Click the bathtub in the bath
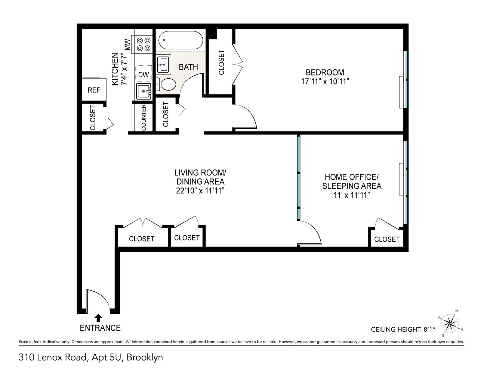coord(181,40)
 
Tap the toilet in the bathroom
coord(166,84)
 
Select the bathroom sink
coord(163,65)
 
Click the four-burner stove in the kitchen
coord(144,44)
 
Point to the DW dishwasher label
coord(144,75)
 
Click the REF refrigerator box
coord(94,90)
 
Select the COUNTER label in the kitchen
coord(144,117)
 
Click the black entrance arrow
coord(98,318)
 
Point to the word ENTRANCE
coord(100,328)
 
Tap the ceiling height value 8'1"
coord(429,329)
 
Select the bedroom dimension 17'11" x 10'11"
coord(325,81)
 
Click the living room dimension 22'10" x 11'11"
coord(200,191)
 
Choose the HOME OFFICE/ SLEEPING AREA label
coord(352,181)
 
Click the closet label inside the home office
coord(387,239)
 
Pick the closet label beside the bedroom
coord(221,62)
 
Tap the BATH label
coord(188,67)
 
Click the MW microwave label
coord(127,45)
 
